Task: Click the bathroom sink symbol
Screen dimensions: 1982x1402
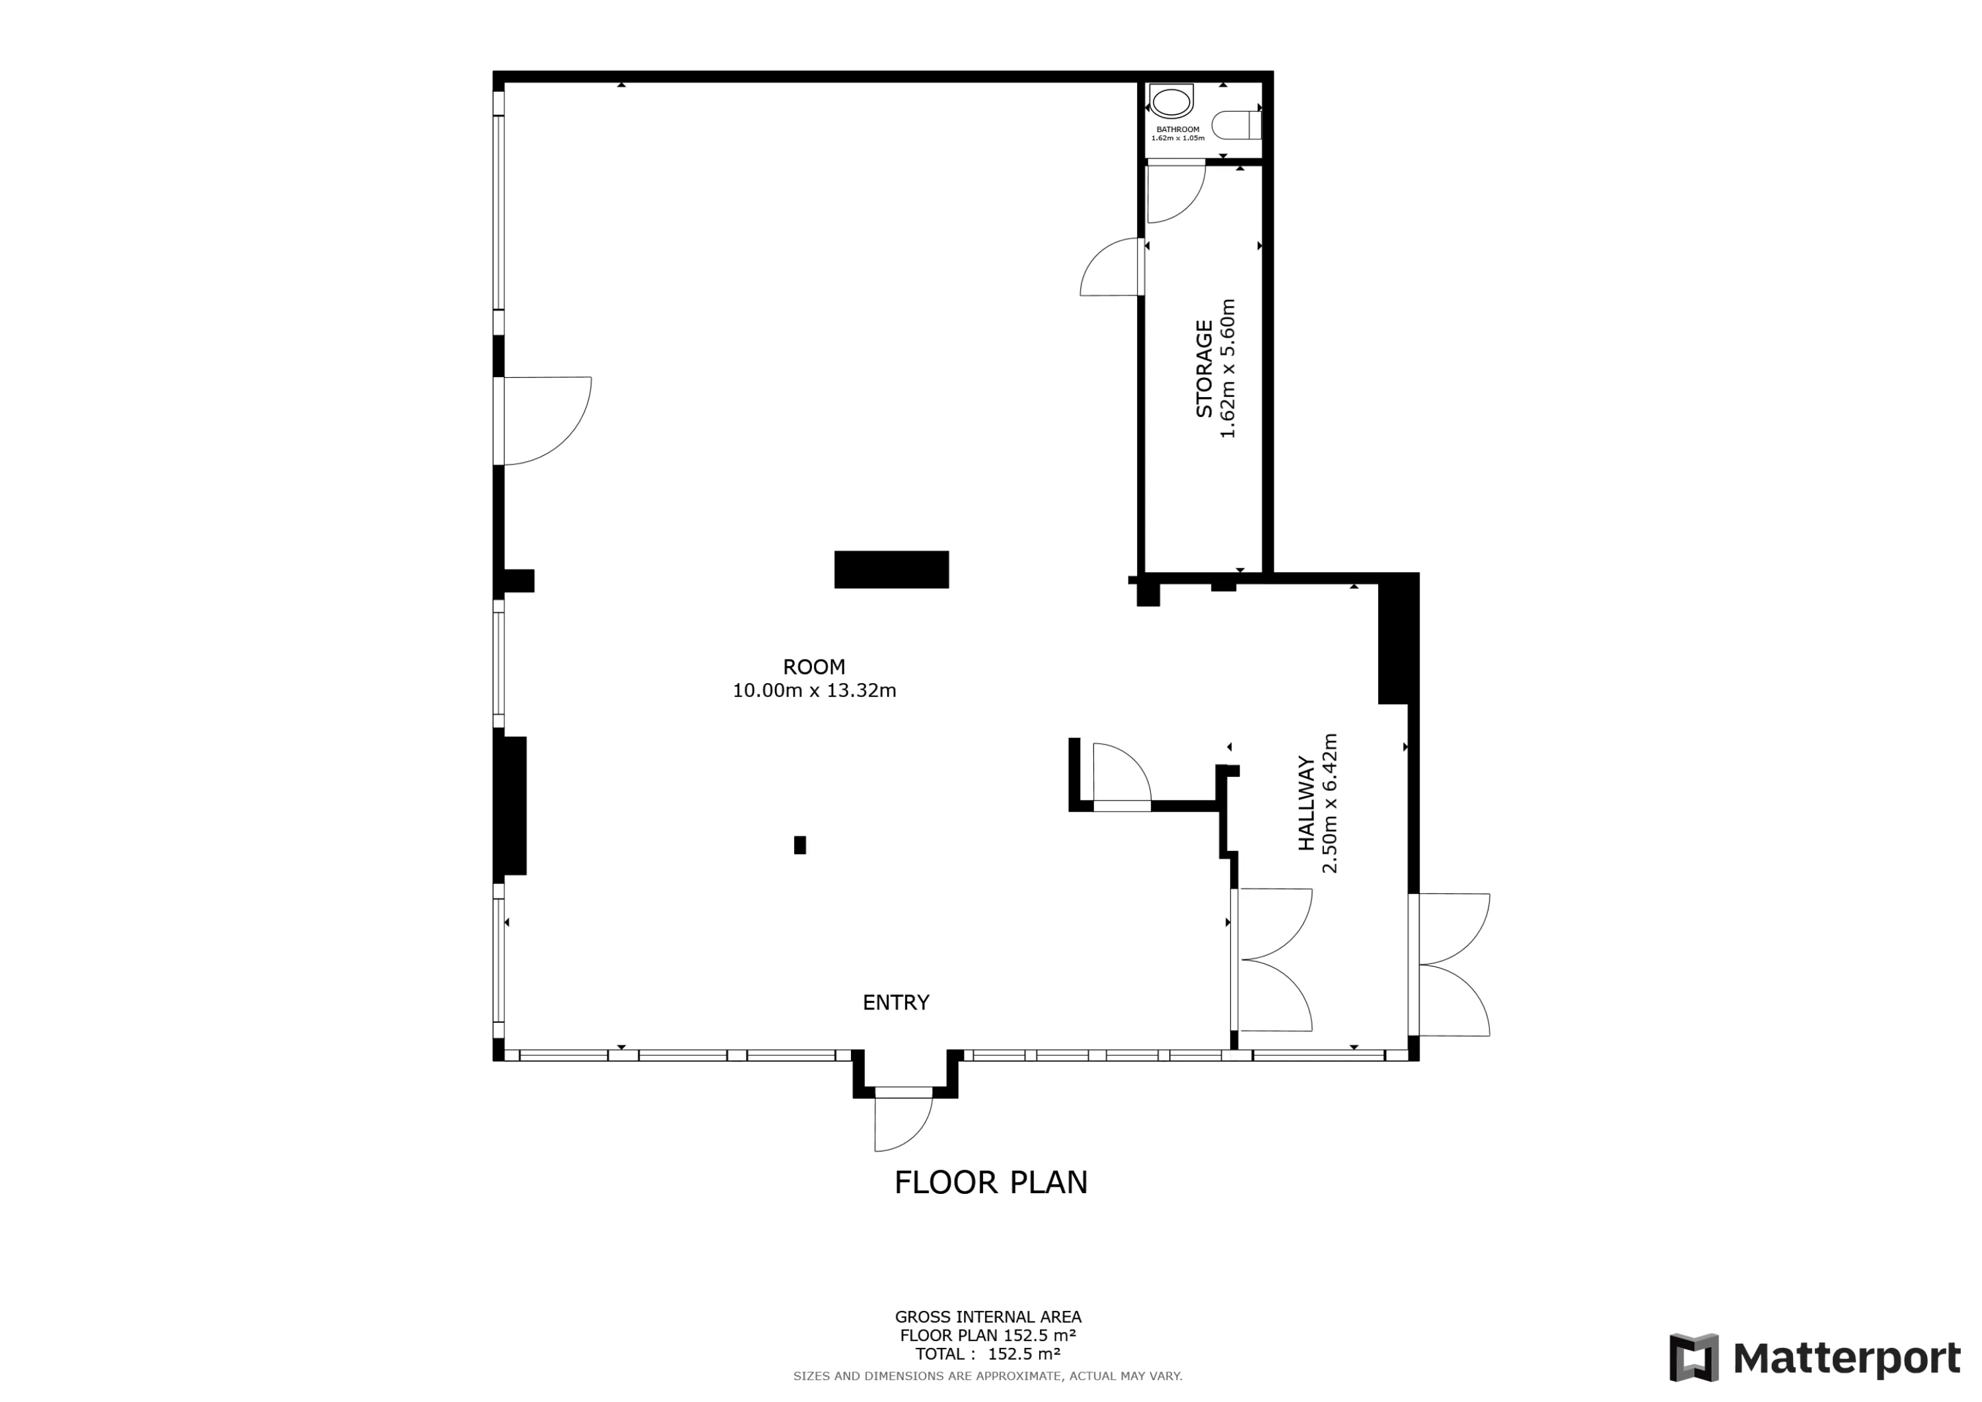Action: click(x=1171, y=102)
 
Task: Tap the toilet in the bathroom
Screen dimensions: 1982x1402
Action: click(x=1237, y=125)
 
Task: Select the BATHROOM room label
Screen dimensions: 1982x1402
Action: click(x=1177, y=129)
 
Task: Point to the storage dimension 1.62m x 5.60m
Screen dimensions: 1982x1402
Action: click(x=1228, y=369)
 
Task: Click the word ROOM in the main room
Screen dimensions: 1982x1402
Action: click(x=814, y=667)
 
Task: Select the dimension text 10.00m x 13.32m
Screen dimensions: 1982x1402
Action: click(x=814, y=690)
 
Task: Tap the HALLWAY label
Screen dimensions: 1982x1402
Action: click(x=1307, y=803)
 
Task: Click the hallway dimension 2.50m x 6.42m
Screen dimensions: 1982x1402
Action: click(x=1331, y=803)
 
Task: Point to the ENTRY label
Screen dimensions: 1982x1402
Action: click(x=896, y=1002)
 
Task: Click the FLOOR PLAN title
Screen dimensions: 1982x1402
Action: click(x=991, y=1183)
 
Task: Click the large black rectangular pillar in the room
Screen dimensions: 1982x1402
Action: click(x=892, y=570)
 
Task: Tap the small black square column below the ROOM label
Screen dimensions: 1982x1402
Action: click(x=800, y=845)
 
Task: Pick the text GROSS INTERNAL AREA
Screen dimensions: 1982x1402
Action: click(x=988, y=1317)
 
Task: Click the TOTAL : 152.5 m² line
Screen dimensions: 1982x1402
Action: click(x=988, y=1354)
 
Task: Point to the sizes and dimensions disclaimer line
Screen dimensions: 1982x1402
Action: click(x=988, y=1376)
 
